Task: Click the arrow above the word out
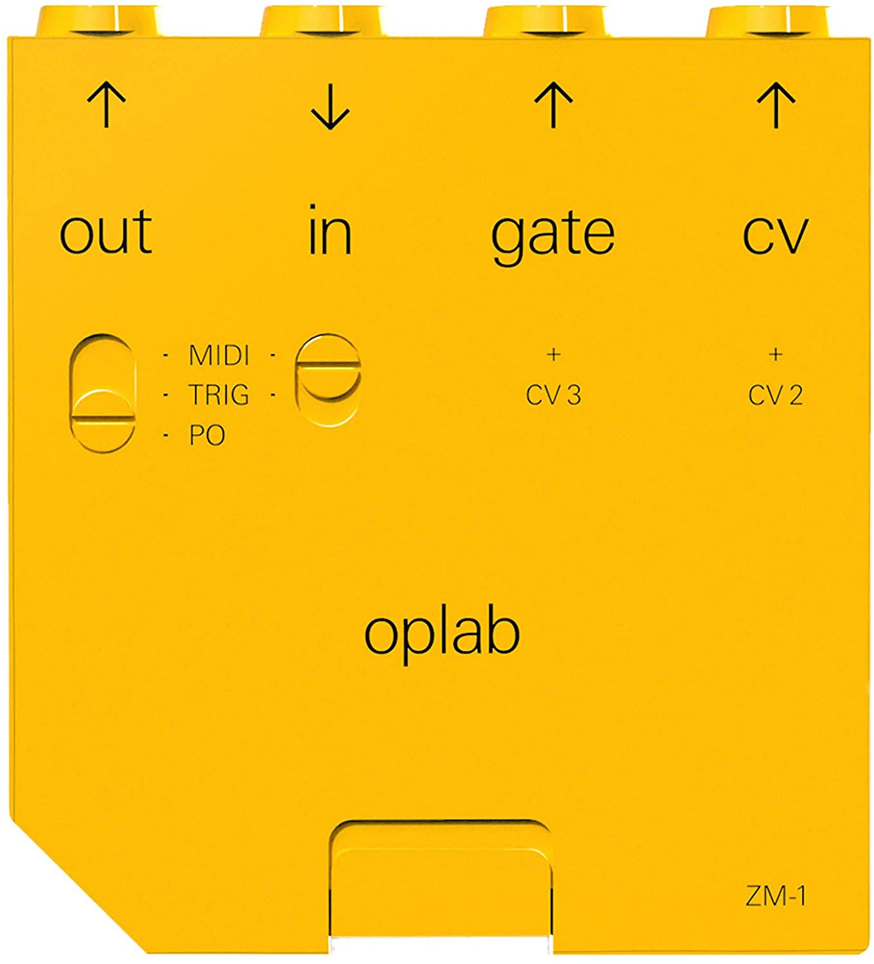[x=107, y=105]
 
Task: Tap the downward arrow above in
[x=330, y=106]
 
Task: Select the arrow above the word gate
[x=554, y=105]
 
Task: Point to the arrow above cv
[x=776, y=105]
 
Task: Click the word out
[x=106, y=232]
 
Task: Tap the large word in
[x=330, y=229]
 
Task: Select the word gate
[x=553, y=238]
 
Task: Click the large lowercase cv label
[x=776, y=235]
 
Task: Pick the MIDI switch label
[x=220, y=355]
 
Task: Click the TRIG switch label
[x=219, y=395]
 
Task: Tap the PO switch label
[x=207, y=435]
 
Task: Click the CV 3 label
[x=554, y=395]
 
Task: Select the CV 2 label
[x=776, y=395]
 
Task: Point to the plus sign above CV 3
[x=554, y=355]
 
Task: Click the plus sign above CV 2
[x=776, y=355]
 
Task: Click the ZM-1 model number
[x=776, y=897]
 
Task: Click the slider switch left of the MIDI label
[x=103, y=393]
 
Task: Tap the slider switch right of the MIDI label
[x=328, y=380]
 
